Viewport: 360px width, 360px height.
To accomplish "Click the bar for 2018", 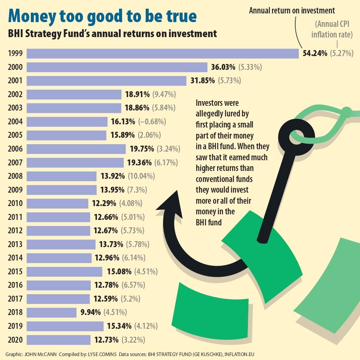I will coord(51,313).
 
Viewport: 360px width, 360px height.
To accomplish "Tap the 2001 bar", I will coord(107,81).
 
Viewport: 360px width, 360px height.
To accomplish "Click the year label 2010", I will coord(15,204).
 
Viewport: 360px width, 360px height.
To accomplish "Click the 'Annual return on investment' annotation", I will coord(292,11).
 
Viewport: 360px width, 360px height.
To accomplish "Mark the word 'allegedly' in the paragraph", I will coord(210,114).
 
